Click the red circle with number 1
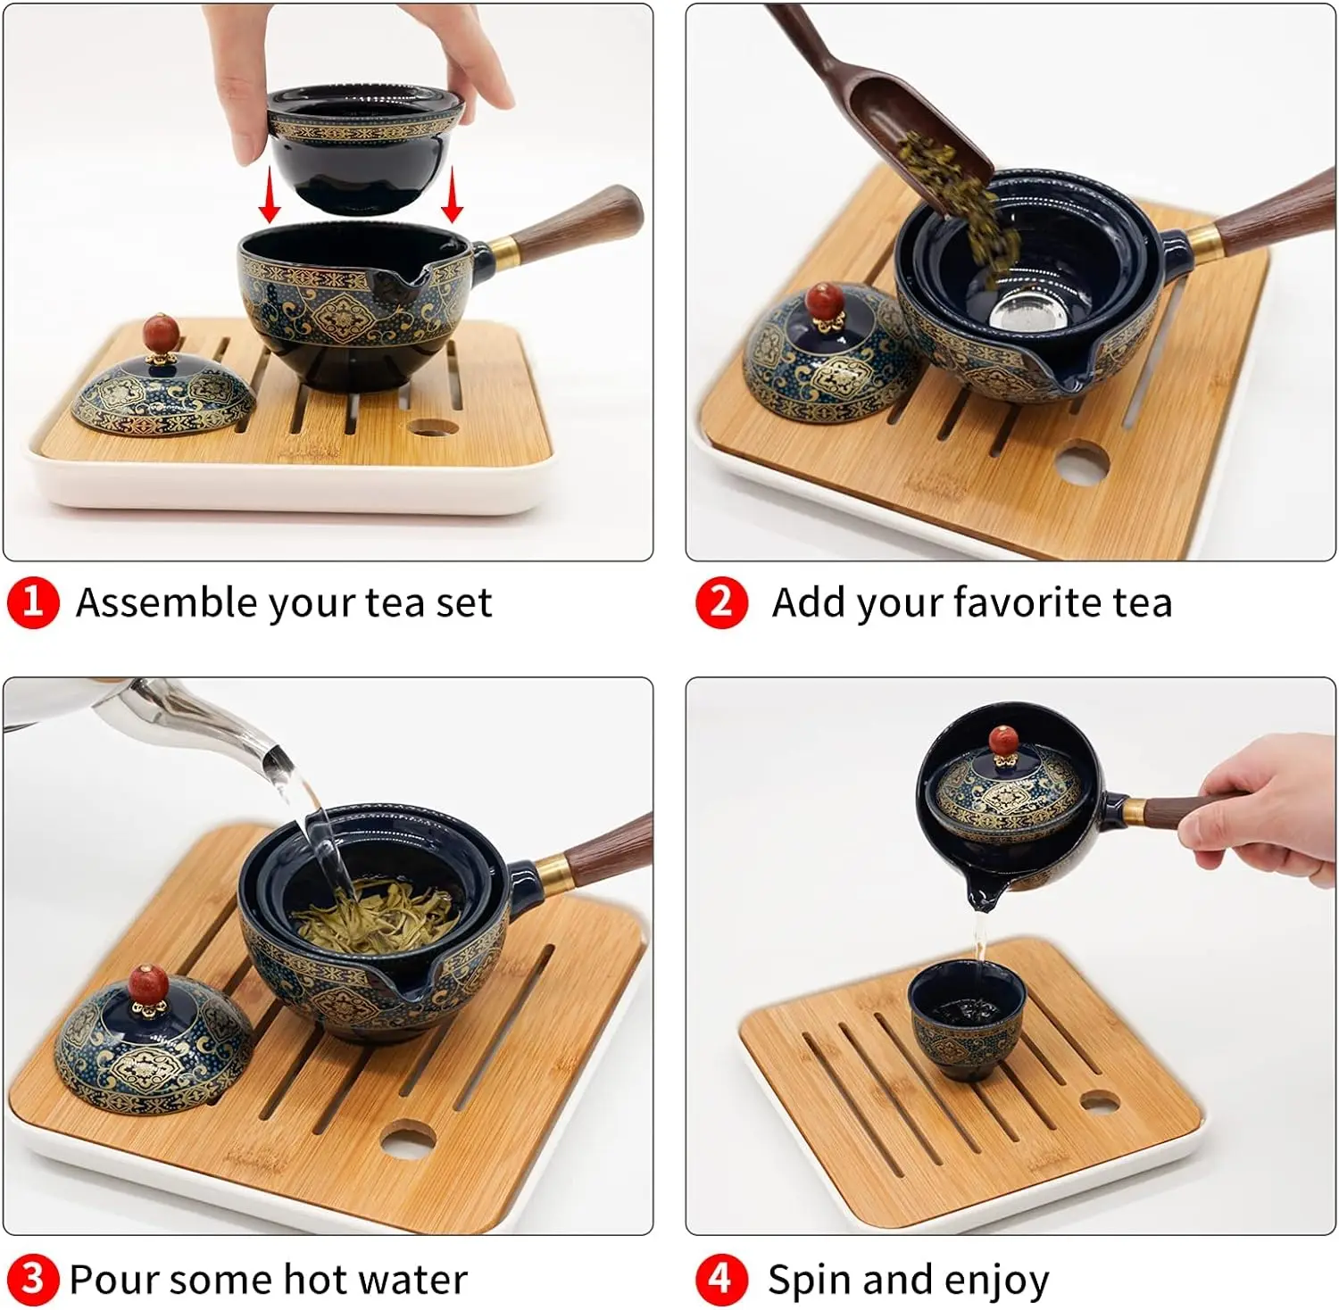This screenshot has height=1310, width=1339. coord(33,602)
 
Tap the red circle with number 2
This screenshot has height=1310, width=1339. coord(720,602)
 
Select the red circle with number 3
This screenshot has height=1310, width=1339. coord(33,1279)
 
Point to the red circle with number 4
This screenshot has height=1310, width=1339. coord(720,1279)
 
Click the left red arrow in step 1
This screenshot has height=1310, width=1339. coord(270,195)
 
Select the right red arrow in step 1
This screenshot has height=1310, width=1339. coord(453,195)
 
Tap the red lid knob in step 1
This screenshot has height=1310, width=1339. coord(161,333)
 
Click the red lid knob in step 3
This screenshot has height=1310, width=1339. coord(149,982)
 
